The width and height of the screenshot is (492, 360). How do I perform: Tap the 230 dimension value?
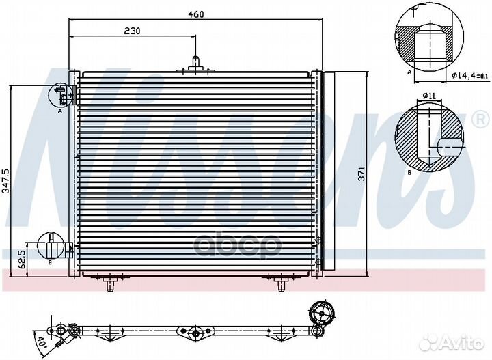click(133, 30)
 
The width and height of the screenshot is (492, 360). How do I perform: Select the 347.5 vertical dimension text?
click(5, 183)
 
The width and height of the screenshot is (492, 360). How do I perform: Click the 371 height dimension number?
click(361, 174)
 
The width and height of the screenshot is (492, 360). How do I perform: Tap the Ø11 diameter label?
click(429, 96)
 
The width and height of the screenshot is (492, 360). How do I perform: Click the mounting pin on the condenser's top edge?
click(195, 63)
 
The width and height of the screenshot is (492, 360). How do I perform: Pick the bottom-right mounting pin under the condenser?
click(281, 282)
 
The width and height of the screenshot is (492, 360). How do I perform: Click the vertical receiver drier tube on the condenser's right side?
click(327, 171)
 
